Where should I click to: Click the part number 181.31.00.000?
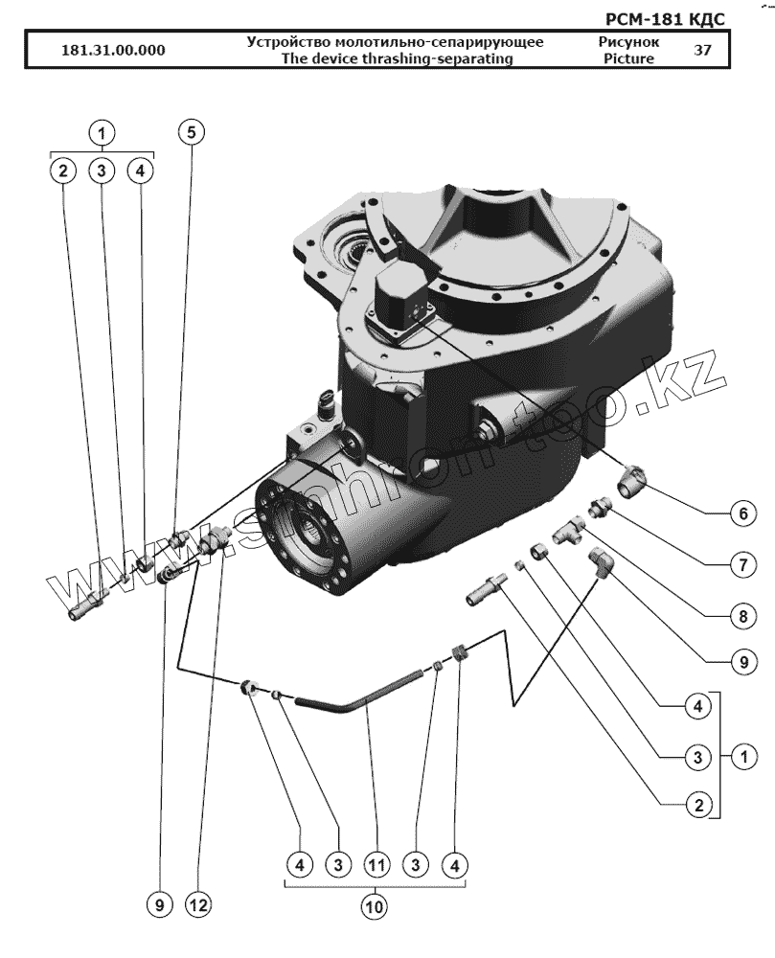tap(112, 52)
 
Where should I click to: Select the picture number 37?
tap(702, 51)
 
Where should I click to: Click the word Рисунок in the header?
tap(628, 42)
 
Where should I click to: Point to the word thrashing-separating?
tap(456, 58)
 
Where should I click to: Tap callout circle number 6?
tap(739, 514)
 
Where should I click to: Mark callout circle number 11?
tap(376, 865)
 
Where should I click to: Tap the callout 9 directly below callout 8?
tap(739, 662)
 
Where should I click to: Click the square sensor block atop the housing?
tap(400, 297)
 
